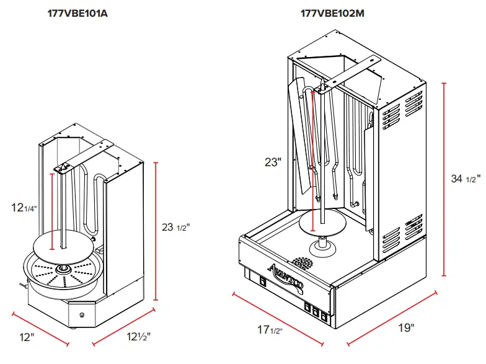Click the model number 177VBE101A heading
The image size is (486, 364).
[77, 14]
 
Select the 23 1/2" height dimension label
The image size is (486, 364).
[175, 228]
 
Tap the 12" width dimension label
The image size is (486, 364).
[26, 338]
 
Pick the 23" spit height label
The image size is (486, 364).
[273, 162]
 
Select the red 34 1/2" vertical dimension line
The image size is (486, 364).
[444, 179]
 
